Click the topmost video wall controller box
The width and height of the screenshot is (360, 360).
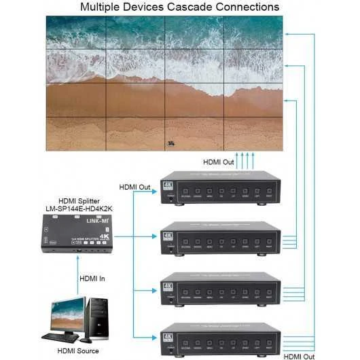[x=221, y=187]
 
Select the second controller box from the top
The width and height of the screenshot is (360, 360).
[x=221, y=239]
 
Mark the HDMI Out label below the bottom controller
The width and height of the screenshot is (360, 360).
[x=300, y=355]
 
